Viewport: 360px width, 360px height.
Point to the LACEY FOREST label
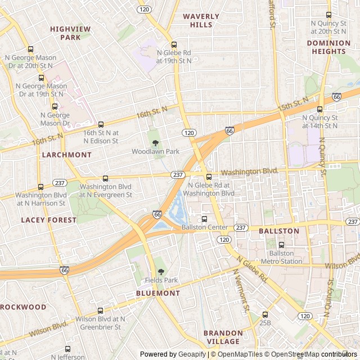49,220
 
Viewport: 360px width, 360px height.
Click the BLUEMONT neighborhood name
158,293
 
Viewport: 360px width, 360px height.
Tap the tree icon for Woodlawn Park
156,143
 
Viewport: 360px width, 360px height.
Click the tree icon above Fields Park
161,271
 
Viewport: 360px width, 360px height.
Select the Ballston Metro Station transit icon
282,245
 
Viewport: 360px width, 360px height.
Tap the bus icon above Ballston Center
204,219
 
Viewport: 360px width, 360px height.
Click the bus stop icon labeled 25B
265,314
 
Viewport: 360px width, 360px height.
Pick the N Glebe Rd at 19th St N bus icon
174,45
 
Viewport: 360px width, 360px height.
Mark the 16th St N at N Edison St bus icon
101,124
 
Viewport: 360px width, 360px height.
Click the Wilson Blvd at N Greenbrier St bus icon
100,310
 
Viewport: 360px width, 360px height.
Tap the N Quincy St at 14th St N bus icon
319,109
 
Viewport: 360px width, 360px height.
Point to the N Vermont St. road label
241,292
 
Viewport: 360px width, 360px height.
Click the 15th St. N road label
293,104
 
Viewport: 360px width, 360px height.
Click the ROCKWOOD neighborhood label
22,307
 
